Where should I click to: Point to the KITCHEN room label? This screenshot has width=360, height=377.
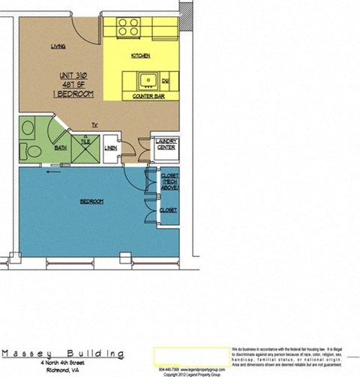coord(141,56)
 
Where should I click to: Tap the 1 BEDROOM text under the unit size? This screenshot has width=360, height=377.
coord(75,94)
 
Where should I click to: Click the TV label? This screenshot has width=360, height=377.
coord(94,124)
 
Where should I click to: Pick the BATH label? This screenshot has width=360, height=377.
coord(60,148)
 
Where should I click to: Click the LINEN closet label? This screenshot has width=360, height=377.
coord(110,148)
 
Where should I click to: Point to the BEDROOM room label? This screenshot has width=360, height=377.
coord(91,202)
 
